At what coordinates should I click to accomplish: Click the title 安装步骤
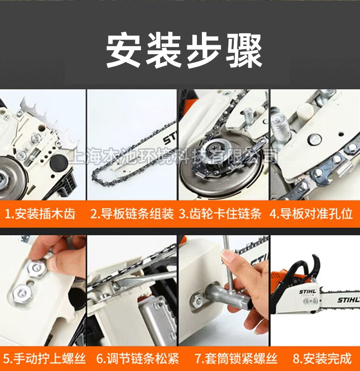click(x=184, y=51)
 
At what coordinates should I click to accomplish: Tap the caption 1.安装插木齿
click(x=40, y=214)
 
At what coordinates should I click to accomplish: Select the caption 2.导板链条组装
click(x=132, y=214)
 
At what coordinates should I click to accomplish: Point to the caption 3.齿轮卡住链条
click(x=220, y=214)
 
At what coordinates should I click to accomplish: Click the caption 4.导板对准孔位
click(x=311, y=214)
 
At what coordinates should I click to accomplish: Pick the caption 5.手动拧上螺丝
click(x=44, y=358)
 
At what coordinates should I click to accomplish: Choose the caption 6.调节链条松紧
click(x=138, y=358)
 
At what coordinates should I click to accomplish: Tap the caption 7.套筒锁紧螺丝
click(x=236, y=358)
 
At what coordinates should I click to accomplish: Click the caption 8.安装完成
click(x=322, y=358)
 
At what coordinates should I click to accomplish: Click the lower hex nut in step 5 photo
click(x=22, y=294)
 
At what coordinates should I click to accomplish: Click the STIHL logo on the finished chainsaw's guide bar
click(x=348, y=300)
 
